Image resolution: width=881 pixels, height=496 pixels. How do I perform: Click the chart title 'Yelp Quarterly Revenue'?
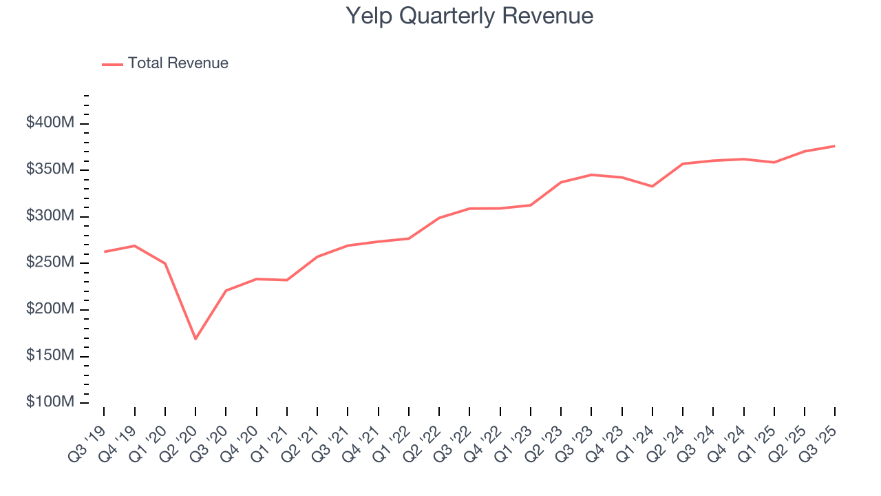pyautogui.click(x=469, y=16)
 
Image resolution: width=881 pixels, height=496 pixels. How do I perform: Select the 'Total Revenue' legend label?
pyautogui.click(x=178, y=63)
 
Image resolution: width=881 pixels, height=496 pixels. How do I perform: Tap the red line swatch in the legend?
pyautogui.click(x=112, y=64)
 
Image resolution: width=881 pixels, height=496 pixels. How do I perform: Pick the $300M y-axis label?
pyautogui.click(x=50, y=216)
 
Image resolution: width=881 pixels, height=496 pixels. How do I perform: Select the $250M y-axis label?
pyautogui.click(x=50, y=263)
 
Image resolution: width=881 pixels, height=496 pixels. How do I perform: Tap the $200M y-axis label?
pyautogui.click(x=50, y=309)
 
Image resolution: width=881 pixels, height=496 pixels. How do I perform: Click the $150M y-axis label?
pyautogui.click(x=50, y=356)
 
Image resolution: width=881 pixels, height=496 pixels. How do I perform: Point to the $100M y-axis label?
pyautogui.click(x=50, y=402)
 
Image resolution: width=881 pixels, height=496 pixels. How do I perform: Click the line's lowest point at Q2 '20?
pyautogui.click(x=195, y=339)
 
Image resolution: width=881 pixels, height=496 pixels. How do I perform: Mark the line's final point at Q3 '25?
pyautogui.click(x=834, y=146)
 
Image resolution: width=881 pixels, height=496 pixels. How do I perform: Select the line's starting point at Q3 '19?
pyautogui.click(x=105, y=251)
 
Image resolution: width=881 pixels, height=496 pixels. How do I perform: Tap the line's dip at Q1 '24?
pyautogui.click(x=652, y=186)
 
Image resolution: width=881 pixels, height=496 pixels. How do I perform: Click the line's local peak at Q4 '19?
pyautogui.click(x=135, y=246)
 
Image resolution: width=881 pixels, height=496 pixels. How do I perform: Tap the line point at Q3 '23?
pyautogui.click(x=591, y=175)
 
